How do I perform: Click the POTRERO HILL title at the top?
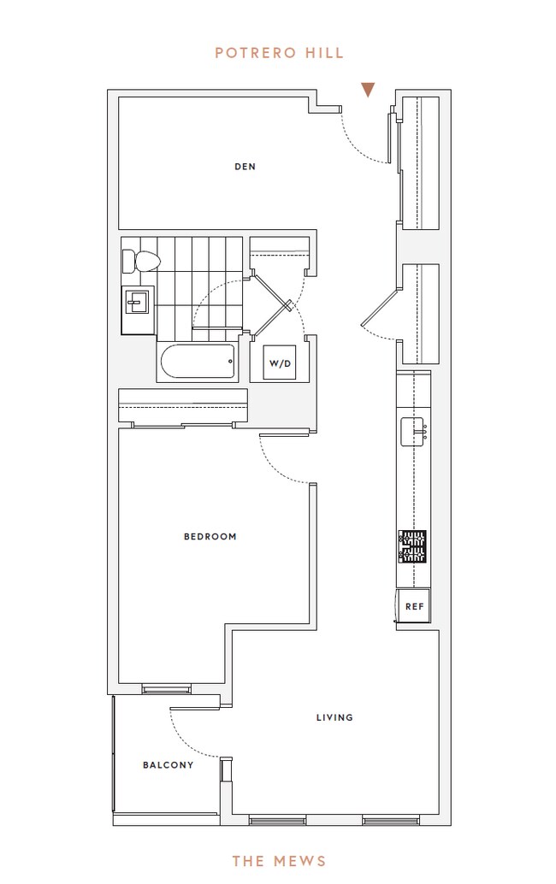(279, 53)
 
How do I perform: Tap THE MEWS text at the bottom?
(279, 860)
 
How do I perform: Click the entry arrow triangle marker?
(368, 90)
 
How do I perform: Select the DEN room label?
(245, 167)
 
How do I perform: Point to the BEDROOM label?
(210, 537)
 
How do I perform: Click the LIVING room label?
(334, 717)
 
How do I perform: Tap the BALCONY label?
(168, 765)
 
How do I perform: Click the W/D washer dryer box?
(280, 363)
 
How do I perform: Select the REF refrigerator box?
(414, 606)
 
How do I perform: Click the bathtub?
(197, 362)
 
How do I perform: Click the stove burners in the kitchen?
(412, 545)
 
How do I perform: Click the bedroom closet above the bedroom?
(183, 406)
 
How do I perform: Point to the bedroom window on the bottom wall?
(167, 688)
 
